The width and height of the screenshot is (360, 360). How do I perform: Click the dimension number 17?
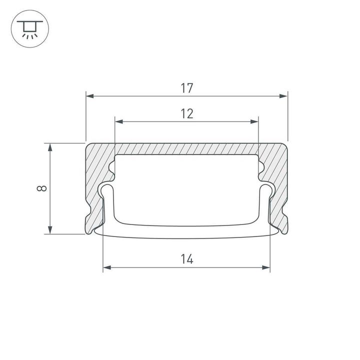(x=186, y=88)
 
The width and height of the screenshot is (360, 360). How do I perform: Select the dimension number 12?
(x=186, y=114)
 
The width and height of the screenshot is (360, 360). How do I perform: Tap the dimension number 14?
(x=186, y=259)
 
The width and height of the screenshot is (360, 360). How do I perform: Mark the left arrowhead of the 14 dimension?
(x=106, y=268)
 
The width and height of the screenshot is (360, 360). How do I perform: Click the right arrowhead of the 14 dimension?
(x=266, y=268)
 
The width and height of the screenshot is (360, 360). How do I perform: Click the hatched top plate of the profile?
(x=186, y=149)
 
